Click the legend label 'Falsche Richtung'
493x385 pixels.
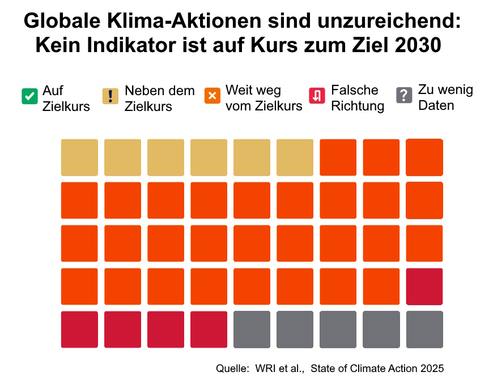tap(357, 98)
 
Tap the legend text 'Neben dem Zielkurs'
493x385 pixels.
tap(159, 98)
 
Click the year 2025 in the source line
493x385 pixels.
tap(432, 369)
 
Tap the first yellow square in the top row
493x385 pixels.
tap(79, 157)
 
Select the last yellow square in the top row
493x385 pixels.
tap(295, 157)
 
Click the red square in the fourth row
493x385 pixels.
tap(424, 286)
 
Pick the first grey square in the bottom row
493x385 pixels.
tap(252, 330)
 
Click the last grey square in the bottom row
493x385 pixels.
tap(424, 330)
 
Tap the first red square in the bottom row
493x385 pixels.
tap(79, 330)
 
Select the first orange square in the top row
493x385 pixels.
tap(338, 157)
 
